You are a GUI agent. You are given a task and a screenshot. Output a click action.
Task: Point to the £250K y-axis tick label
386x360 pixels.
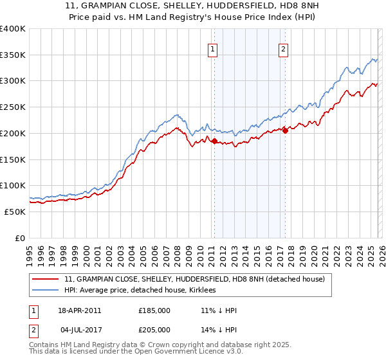[x=12, y=107]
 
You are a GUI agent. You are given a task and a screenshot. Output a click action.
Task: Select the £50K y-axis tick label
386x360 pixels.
[x=15, y=212]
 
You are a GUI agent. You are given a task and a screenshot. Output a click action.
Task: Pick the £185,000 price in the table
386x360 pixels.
[x=154, y=310]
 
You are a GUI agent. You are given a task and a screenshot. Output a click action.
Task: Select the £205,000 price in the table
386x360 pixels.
[x=154, y=330]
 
